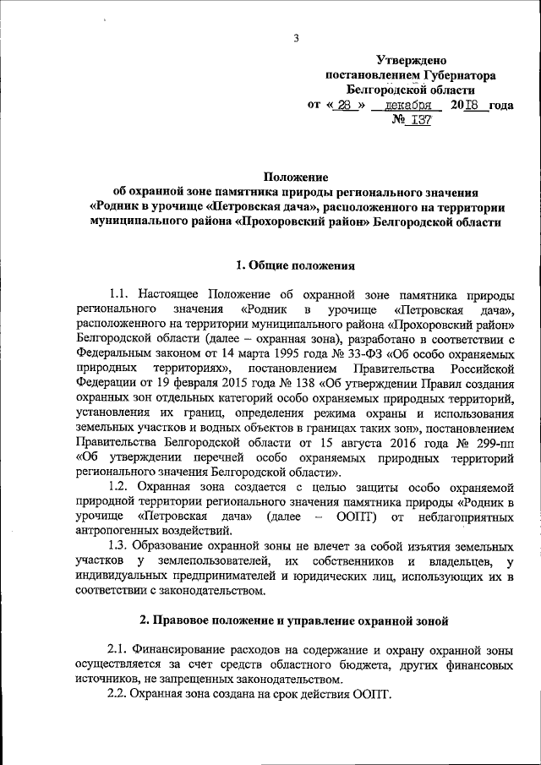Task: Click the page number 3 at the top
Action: pos(296,37)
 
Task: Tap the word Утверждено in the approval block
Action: pos(410,61)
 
